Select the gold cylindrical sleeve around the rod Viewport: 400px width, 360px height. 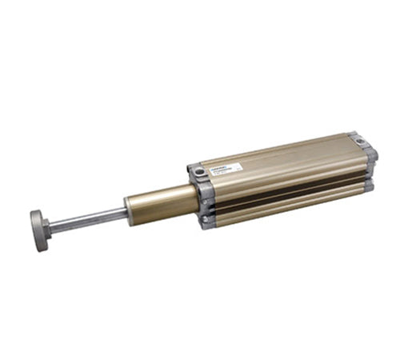click(x=160, y=204)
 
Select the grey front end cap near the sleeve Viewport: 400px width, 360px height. click(x=204, y=196)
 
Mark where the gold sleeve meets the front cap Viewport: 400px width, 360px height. click(x=195, y=199)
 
